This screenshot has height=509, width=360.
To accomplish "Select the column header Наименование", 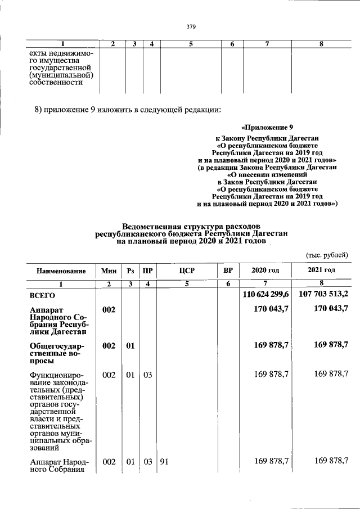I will pos(61,271).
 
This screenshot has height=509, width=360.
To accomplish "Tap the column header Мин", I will pos(109,271).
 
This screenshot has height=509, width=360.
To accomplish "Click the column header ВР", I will pos(228,271).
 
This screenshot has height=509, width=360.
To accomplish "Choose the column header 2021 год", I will pos(321,271).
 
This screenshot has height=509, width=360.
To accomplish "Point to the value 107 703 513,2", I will pos(322,294).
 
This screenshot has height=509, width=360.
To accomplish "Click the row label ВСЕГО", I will pos(43,295).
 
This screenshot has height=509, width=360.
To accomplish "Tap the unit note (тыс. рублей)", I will pos(327,255).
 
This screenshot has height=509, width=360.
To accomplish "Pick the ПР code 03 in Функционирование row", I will pos(147,374).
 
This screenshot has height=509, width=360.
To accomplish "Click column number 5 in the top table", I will pos(191,44).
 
